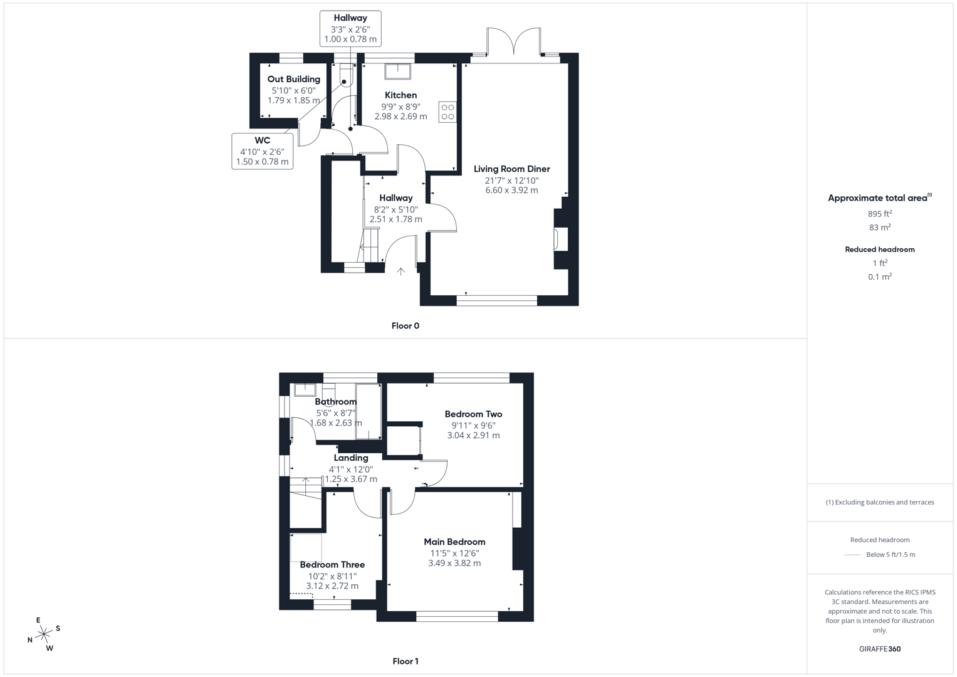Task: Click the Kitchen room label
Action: click(x=400, y=95)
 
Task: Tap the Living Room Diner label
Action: click(x=511, y=169)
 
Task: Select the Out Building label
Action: click(x=293, y=79)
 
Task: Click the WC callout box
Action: click(x=262, y=151)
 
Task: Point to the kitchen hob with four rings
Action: click(x=447, y=112)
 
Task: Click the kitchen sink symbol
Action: click(x=397, y=71)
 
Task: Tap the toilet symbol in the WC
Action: click(x=346, y=77)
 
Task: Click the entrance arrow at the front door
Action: click(x=400, y=271)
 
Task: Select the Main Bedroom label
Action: click(x=454, y=542)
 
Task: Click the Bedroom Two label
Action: click(x=473, y=414)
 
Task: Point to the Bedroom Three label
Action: click(x=332, y=564)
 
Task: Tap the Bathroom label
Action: click(x=336, y=402)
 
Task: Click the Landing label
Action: click(x=351, y=458)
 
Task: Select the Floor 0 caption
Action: click(x=405, y=326)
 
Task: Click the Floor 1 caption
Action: click(x=405, y=661)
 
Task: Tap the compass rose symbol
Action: click(x=44, y=634)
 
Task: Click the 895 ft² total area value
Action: click(x=880, y=214)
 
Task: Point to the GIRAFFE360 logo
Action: click(x=880, y=649)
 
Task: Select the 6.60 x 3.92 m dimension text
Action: click(x=511, y=190)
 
